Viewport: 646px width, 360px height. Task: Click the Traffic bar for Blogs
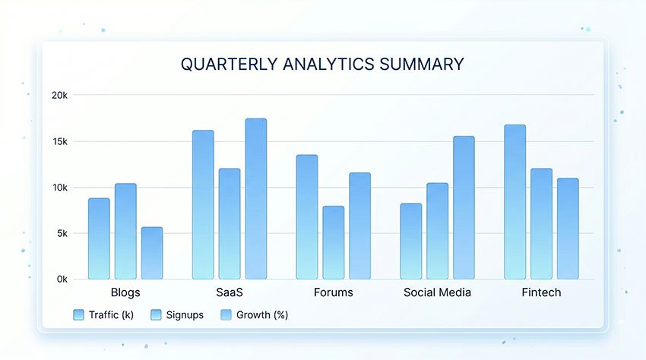pyautogui.click(x=99, y=238)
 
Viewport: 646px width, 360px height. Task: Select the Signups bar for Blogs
pyautogui.click(x=125, y=232)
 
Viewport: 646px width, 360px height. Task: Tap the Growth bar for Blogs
pyautogui.click(x=152, y=253)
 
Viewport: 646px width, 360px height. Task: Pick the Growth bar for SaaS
pyautogui.click(x=256, y=199)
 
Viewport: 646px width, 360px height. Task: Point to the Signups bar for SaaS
pyautogui.click(x=230, y=224)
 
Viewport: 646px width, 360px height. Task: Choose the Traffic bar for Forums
pyautogui.click(x=307, y=217)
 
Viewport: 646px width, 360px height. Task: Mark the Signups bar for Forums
pyautogui.click(x=334, y=242)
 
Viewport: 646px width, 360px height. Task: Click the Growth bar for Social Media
pyautogui.click(x=464, y=207)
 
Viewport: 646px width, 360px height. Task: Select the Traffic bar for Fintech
pyautogui.click(x=515, y=202)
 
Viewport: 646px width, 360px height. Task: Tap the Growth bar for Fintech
pyautogui.click(x=568, y=229)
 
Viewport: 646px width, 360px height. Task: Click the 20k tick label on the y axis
pyautogui.click(x=59, y=95)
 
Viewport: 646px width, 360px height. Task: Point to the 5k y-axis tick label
pyautogui.click(x=61, y=233)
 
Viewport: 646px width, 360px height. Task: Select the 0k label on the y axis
pyautogui.click(x=61, y=279)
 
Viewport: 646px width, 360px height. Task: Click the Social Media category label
pyautogui.click(x=438, y=292)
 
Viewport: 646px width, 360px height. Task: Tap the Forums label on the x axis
pyautogui.click(x=333, y=292)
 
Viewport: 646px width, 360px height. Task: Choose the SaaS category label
pyautogui.click(x=230, y=292)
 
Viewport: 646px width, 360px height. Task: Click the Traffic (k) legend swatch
pyautogui.click(x=78, y=314)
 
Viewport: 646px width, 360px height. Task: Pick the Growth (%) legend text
pyautogui.click(x=261, y=314)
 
